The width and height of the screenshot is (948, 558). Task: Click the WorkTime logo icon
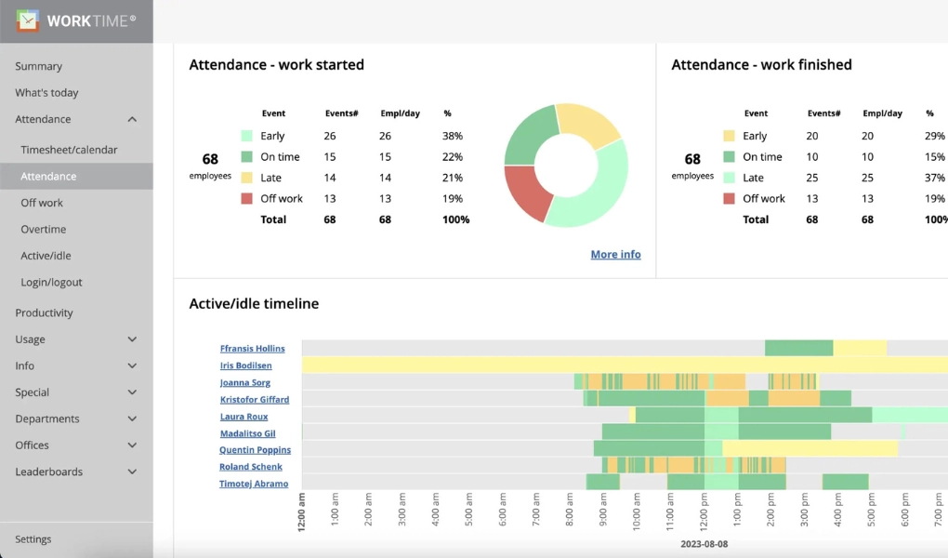pyautogui.click(x=28, y=20)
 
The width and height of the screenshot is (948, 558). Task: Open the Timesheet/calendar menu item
pyautogui.click(x=69, y=150)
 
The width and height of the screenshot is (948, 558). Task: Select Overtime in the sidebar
pyautogui.click(x=44, y=230)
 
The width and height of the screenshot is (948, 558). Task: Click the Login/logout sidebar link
pyautogui.click(x=51, y=283)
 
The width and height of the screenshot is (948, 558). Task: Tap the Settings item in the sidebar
pyautogui.click(x=33, y=539)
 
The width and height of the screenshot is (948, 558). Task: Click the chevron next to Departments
pyautogui.click(x=132, y=419)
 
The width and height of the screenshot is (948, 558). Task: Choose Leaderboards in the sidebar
pyautogui.click(x=48, y=472)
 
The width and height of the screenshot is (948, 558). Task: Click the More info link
pyautogui.click(x=615, y=255)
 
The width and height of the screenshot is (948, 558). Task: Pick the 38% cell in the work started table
pyautogui.click(x=453, y=136)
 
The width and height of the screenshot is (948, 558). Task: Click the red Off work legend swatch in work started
pyautogui.click(x=246, y=199)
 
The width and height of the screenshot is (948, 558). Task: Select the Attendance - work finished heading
pyautogui.click(x=761, y=65)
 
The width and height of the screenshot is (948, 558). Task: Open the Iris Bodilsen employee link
pyautogui.click(x=246, y=366)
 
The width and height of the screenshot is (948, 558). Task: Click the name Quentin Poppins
pyautogui.click(x=255, y=450)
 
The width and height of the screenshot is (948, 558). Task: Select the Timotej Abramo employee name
pyautogui.click(x=254, y=485)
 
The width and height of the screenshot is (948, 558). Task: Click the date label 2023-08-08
pyautogui.click(x=704, y=544)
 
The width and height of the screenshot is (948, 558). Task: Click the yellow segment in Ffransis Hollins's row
pyautogui.click(x=860, y=349)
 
